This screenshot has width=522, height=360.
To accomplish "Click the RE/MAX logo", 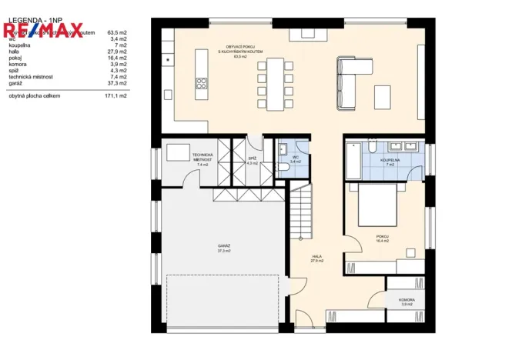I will [42, 32].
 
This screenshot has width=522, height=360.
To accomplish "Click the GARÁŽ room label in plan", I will [224, 246].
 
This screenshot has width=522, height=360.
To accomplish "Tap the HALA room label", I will [316, 257].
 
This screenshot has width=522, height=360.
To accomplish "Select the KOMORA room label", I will [407, 300].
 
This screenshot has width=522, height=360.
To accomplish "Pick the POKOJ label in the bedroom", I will [382, 236].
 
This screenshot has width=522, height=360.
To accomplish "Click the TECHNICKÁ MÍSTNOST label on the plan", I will [202, 158].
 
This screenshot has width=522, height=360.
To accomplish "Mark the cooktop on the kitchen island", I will [202, 82].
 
